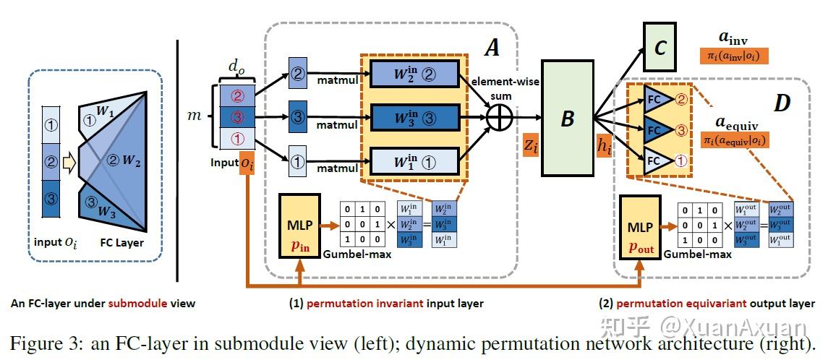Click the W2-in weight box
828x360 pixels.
[x=414, y=73]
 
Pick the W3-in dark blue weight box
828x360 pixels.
[x=414, y=116]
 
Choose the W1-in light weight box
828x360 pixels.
[x=414, y=160]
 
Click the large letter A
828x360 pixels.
[x=492, y=48]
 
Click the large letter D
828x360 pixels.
[x=781, y=103]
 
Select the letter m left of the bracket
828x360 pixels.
[x=193, y=116]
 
